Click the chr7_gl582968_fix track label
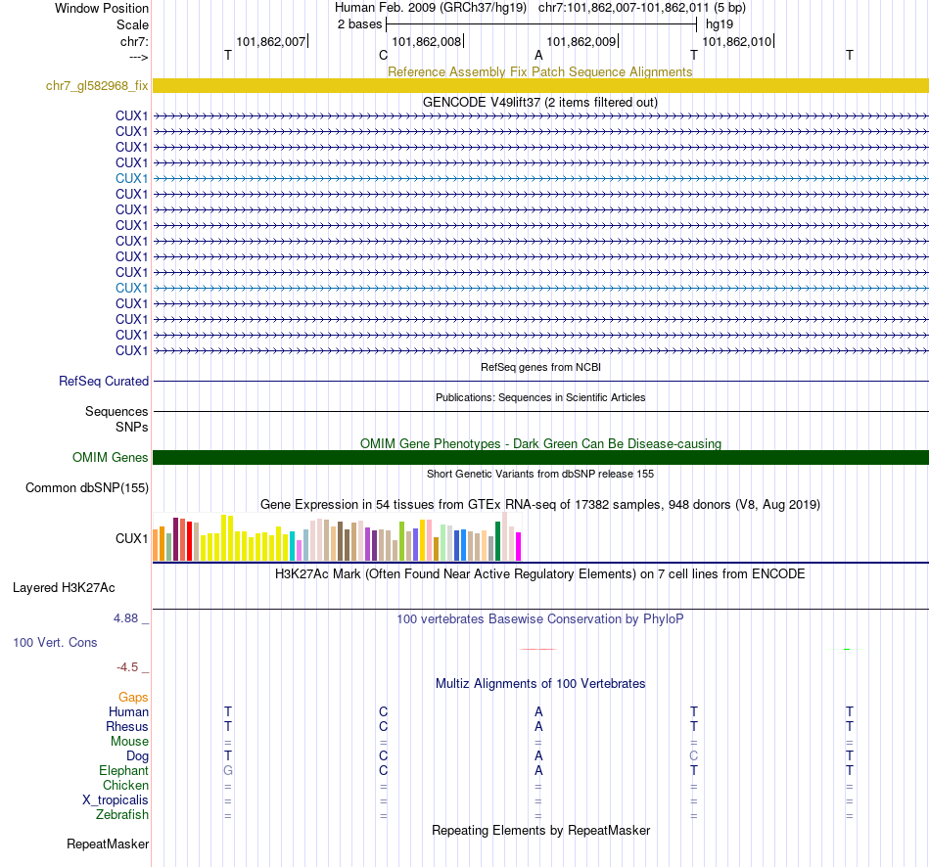point(97,86)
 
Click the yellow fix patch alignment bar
point(540,86)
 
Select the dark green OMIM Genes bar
point(540,458)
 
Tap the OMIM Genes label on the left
point(111,458)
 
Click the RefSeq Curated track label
point(104,382)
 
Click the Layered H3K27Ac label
point(64,588)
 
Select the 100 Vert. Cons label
point(55,643)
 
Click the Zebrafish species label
point(122,815)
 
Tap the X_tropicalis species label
point(116,800)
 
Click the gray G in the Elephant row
point(228,771)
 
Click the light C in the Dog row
point(694,756)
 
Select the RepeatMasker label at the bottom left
point(108,844)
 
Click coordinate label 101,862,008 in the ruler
point(426,41)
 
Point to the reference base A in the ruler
point(538,56)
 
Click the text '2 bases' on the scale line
point(358,23)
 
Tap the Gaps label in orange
point(133,697)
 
